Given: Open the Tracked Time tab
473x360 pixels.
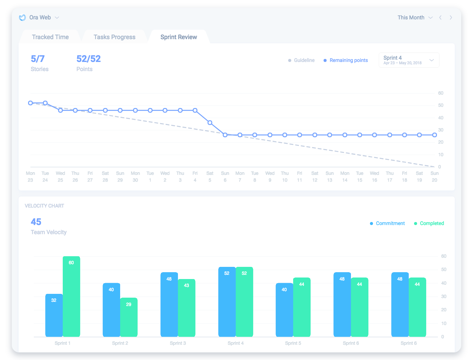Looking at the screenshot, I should click(x=50, y=37).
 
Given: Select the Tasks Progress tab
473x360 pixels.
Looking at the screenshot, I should click(x=114, y=37).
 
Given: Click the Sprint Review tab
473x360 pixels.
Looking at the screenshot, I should click(x=179, y=37).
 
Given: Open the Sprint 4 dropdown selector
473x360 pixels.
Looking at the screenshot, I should click(x=409, y=60).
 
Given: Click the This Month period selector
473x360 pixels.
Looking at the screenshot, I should click(x=414, y=17).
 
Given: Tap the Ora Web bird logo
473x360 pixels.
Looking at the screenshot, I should click(x=22, y=17).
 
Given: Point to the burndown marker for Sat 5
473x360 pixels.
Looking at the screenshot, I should click(x=210, y=123).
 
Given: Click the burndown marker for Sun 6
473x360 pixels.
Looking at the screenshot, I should click(x=225, y=135).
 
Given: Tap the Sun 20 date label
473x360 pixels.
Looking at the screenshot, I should click(x=434, y=177).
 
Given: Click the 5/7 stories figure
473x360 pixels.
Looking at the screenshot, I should click(x=38, y=59).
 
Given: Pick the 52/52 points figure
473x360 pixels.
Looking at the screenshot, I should click(x=88, y=59).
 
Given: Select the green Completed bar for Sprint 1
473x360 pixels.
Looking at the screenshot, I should click(x=71, y=297).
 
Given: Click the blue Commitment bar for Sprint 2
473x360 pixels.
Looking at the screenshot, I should click(x=111, y=310).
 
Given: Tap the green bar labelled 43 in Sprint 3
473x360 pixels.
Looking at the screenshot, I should click(x=186, y=308).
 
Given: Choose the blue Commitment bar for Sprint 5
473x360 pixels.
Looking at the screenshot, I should click(x=284, y=310).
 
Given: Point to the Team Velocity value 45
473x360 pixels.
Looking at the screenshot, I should click(x=36, y=222).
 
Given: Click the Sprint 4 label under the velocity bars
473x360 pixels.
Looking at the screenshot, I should click(x=236, y=343).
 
